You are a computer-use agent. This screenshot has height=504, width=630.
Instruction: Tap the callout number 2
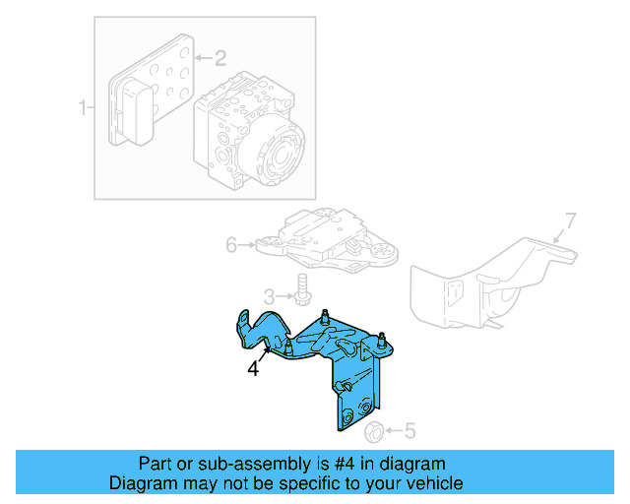(220, 57)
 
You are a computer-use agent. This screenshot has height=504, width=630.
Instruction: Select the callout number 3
(267, 295)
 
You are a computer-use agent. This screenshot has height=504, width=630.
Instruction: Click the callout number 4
(253, 369)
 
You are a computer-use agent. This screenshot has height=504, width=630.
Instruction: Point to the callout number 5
(410, 430)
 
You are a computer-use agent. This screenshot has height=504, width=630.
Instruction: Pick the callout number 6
(232, 244)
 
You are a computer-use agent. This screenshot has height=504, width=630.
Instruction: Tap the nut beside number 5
(375, 431)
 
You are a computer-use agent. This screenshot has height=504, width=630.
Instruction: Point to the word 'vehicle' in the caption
(434, 483)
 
